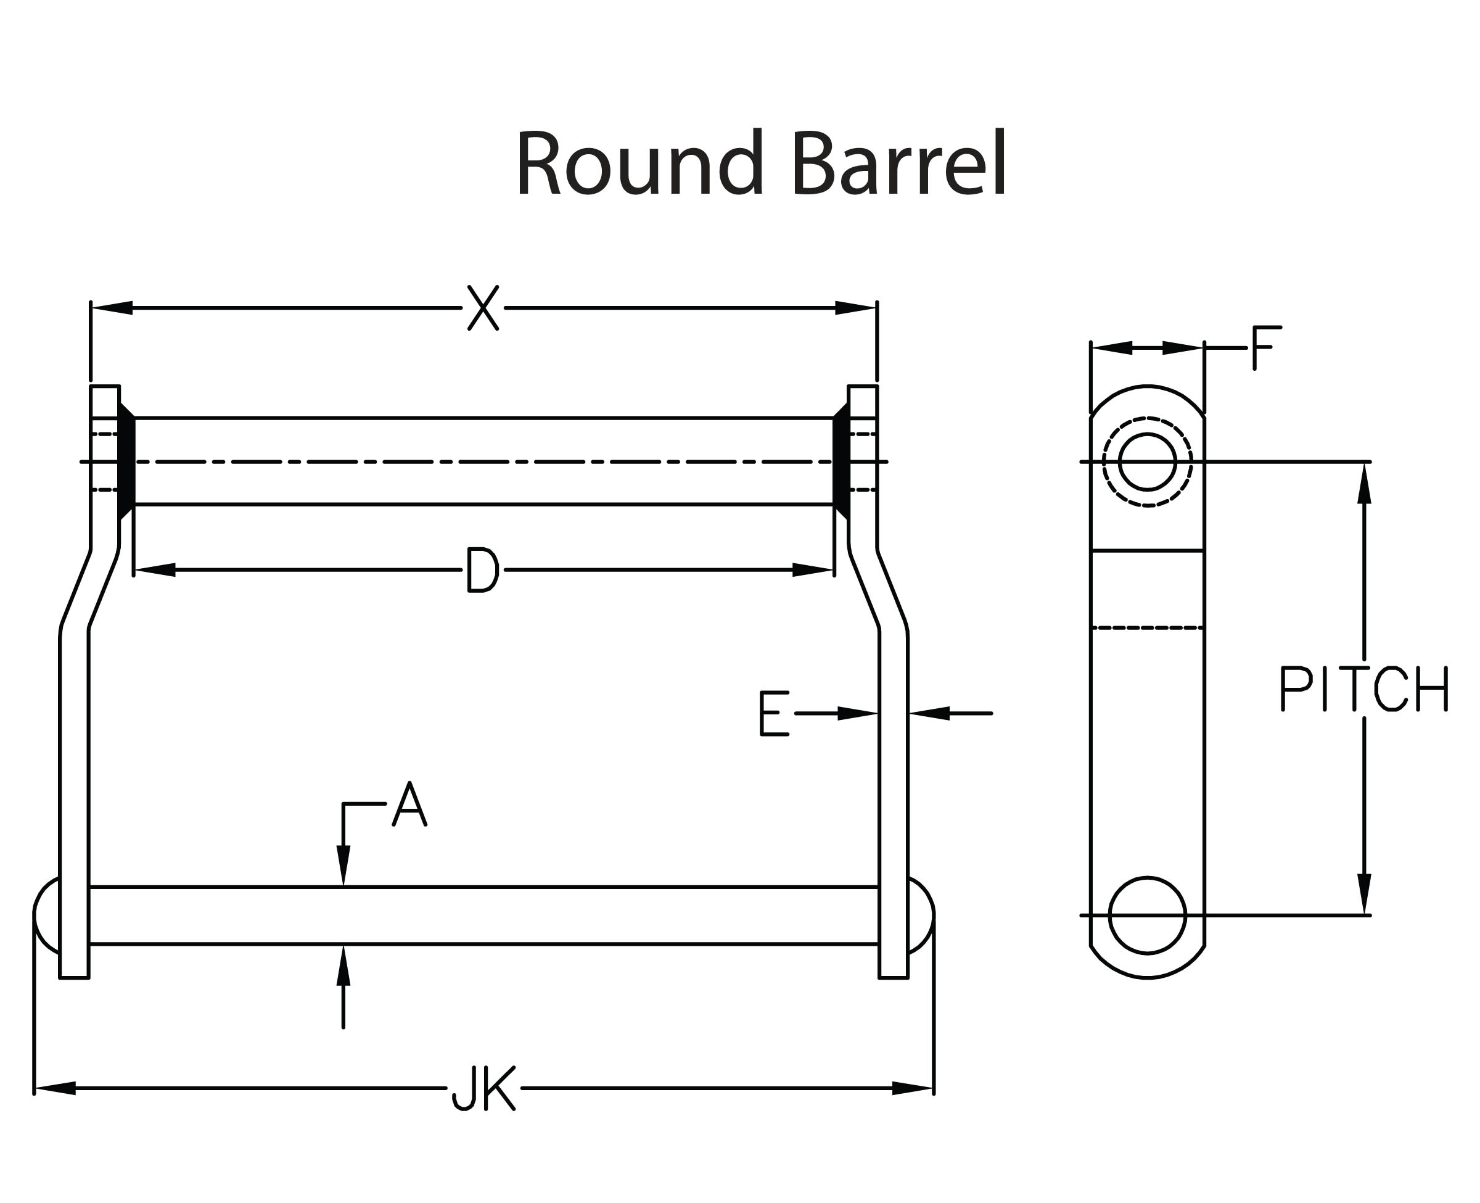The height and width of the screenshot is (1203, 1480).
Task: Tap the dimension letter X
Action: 483,308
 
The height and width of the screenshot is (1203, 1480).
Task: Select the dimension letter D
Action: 482,570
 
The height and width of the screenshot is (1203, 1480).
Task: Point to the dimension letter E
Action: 773,713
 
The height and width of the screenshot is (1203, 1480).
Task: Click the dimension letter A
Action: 409,804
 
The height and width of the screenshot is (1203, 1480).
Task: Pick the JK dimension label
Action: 483,1089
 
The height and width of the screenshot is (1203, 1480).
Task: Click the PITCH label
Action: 1363,689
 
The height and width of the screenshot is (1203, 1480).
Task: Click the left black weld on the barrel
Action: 127,461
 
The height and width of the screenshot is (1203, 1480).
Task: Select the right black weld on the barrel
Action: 841,461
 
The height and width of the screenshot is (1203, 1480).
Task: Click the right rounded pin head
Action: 921,915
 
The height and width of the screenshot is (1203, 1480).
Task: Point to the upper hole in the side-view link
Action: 1147,461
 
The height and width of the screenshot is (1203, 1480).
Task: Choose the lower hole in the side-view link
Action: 1147,916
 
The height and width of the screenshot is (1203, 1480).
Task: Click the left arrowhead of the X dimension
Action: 111,308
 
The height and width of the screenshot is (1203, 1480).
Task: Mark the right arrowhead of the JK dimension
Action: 913,1089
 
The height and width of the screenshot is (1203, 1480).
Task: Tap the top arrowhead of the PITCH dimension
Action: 1364,484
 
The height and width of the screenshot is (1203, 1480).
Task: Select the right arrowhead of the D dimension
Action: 812,570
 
